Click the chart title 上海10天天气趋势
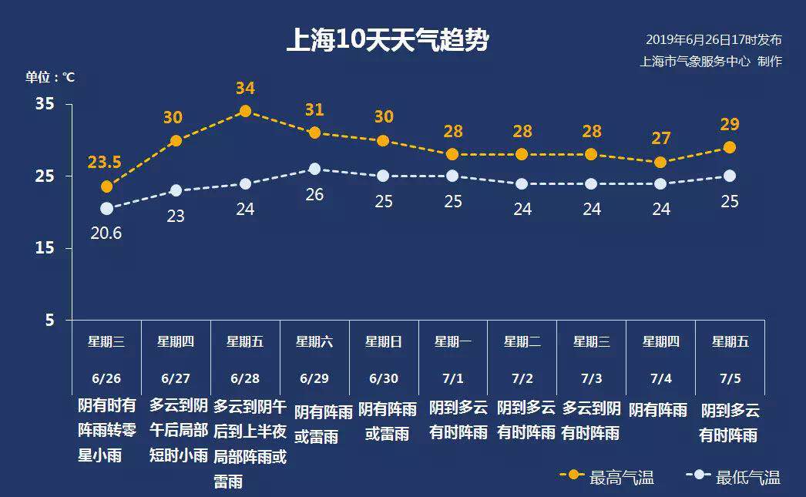(x=387, y=40)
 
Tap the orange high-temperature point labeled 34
(x=245, y=111)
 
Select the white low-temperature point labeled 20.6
(x=106, y=208)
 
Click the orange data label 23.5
(x=105, y=162)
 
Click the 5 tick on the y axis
(x=49, y=320)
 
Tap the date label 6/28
(x=245, y=378)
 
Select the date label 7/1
(x=452, y=378)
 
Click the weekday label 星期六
(x=314, y=341)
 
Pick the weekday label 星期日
(x=383, y=341)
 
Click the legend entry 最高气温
(x=621, y=477)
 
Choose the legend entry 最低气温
(x=747, y=477)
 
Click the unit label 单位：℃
(x=50, y=77)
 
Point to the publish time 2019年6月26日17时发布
(x=714, y=40)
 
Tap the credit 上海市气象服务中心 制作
(x=710, y=62)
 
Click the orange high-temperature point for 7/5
(x=730, y=147)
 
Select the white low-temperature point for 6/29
(x=314, y=169)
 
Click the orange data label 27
(x=660, y=139)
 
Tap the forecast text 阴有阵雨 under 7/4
(x=658, y=410)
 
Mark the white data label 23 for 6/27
(x=176, y=217)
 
